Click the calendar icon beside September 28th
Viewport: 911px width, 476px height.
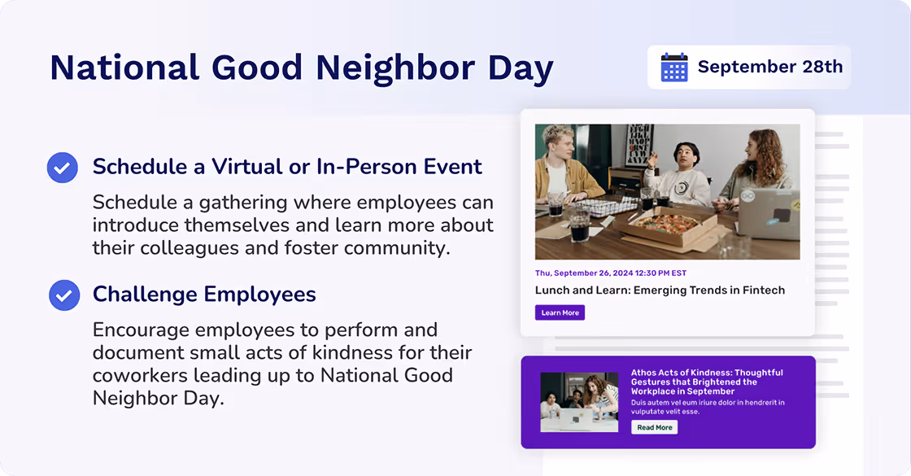point(674,67)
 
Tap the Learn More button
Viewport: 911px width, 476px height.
point(560,312)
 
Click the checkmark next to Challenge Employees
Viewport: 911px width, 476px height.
point(63,295)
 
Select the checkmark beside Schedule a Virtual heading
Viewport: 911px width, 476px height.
point(63,168)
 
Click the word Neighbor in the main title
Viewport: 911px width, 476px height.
point(396,68)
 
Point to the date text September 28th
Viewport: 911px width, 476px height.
point(769,67)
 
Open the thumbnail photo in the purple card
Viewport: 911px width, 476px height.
point(578,402)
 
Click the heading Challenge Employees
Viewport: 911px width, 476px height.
point(204,294)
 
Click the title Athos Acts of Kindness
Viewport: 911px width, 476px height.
point(706,382)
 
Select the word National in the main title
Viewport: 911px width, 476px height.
point(124,68)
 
